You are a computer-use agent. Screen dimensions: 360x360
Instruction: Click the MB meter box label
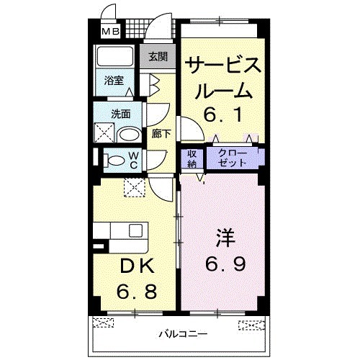[x=111, y=31]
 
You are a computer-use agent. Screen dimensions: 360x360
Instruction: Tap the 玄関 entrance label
[x=158, y=57]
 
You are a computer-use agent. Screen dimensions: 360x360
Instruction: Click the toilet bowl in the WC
[x=115, y=160]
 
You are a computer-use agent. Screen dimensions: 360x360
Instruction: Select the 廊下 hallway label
[x=161, y=132]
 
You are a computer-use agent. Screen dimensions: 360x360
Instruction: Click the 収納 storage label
[x=193, y=158]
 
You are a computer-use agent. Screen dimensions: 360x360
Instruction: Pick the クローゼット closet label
[x=235, y=158]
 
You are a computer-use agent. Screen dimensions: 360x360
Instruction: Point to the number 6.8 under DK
[x=137, y=292]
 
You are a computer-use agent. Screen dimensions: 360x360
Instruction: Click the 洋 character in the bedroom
[x=225, y=237]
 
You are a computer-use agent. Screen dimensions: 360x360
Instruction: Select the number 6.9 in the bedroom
[x=225, y=264]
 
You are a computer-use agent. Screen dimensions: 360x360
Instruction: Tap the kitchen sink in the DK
[x=136, y=231]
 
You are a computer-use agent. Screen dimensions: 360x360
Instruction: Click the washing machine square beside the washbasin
[x=104, y=132]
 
